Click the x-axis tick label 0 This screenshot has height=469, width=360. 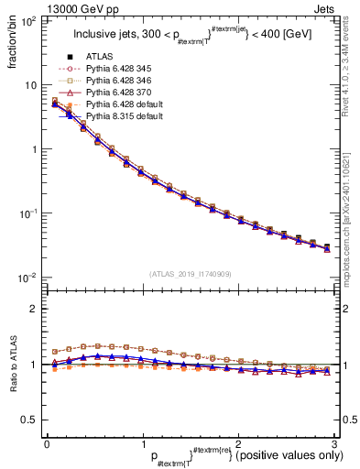[x=47, y=442]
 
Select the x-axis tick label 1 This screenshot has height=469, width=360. [x=142, y=442]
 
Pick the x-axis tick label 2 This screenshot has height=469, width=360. [x=237, y=442]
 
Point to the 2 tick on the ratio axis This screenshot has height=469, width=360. [x=35, y=309]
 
